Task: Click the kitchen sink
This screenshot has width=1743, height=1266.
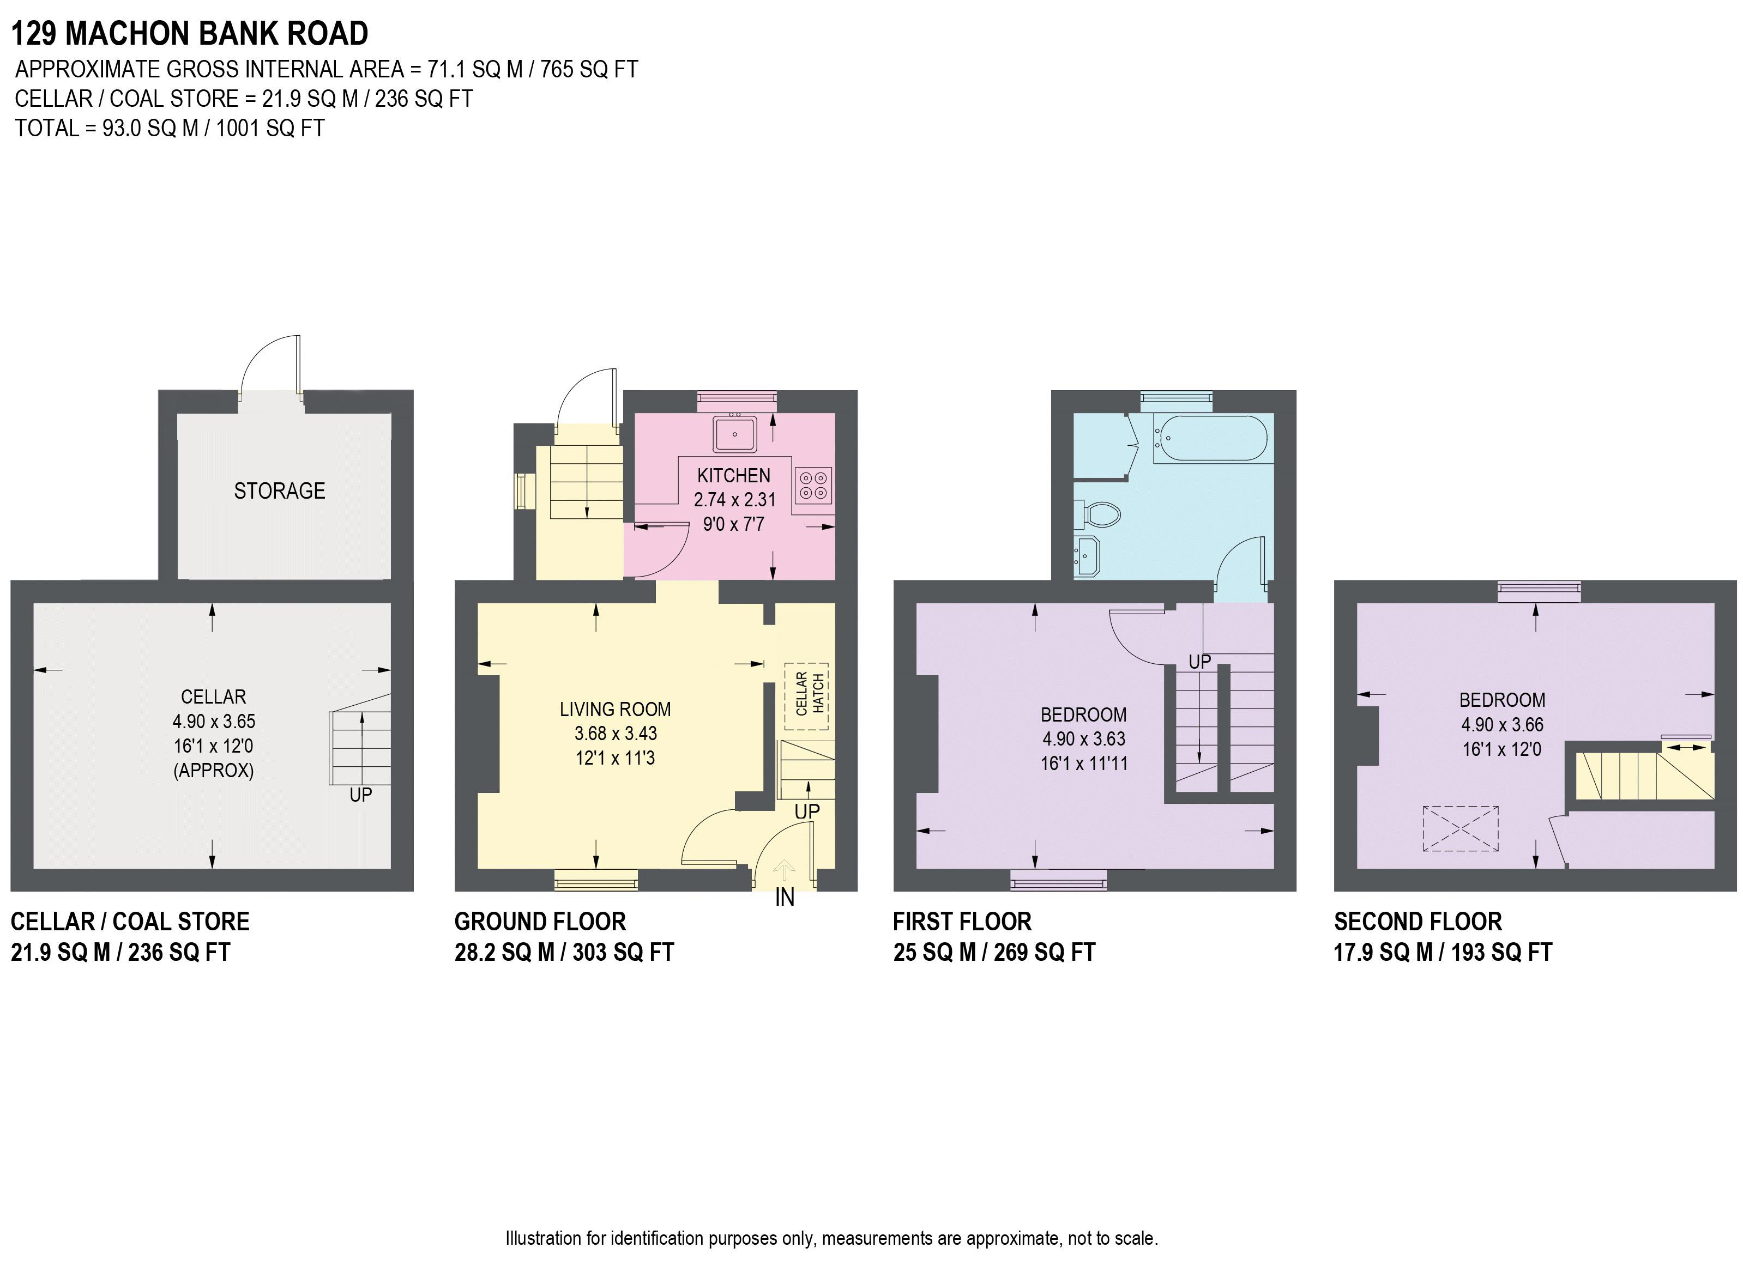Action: (735, 434)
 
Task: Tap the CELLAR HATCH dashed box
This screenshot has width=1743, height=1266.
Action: (807, 695)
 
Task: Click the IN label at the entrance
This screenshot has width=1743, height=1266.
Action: (785, 897)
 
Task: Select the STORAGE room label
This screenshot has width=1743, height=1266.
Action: (280, 491)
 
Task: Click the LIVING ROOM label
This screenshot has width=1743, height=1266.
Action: (615, 709)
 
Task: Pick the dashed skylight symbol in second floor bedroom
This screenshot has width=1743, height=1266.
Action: (1460, 828)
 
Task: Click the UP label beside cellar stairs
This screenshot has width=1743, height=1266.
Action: (360, 795)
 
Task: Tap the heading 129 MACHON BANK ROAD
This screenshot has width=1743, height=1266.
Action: (190, 34)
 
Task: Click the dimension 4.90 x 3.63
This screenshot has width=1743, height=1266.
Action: (1084, 739)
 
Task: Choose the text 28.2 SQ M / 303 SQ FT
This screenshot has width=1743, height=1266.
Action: (564, 953)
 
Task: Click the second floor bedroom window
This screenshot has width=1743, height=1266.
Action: (1539, 590)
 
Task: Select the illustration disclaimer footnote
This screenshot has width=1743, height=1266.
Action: (831, 1238)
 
